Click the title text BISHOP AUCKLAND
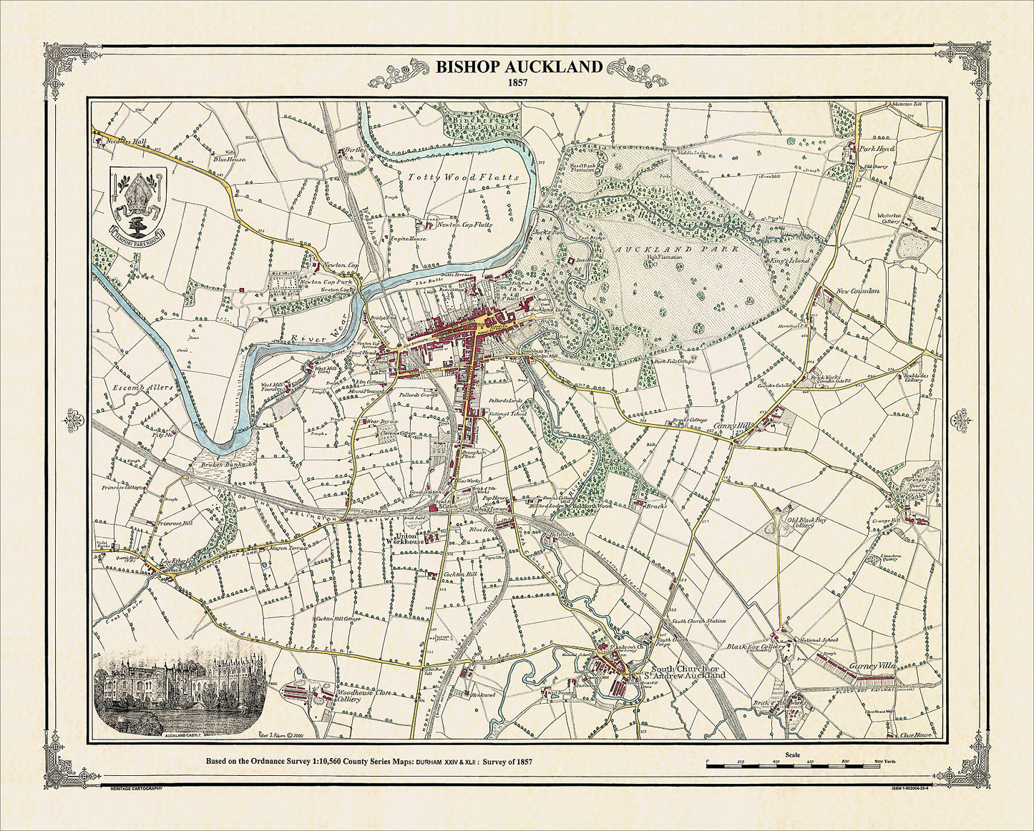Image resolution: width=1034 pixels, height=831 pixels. tap(519, 67)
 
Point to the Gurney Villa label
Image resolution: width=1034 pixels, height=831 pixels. tap(872, 666)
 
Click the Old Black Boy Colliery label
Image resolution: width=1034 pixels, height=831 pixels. tap(806, 524)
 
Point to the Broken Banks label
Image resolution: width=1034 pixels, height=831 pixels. tap(223, 464)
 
